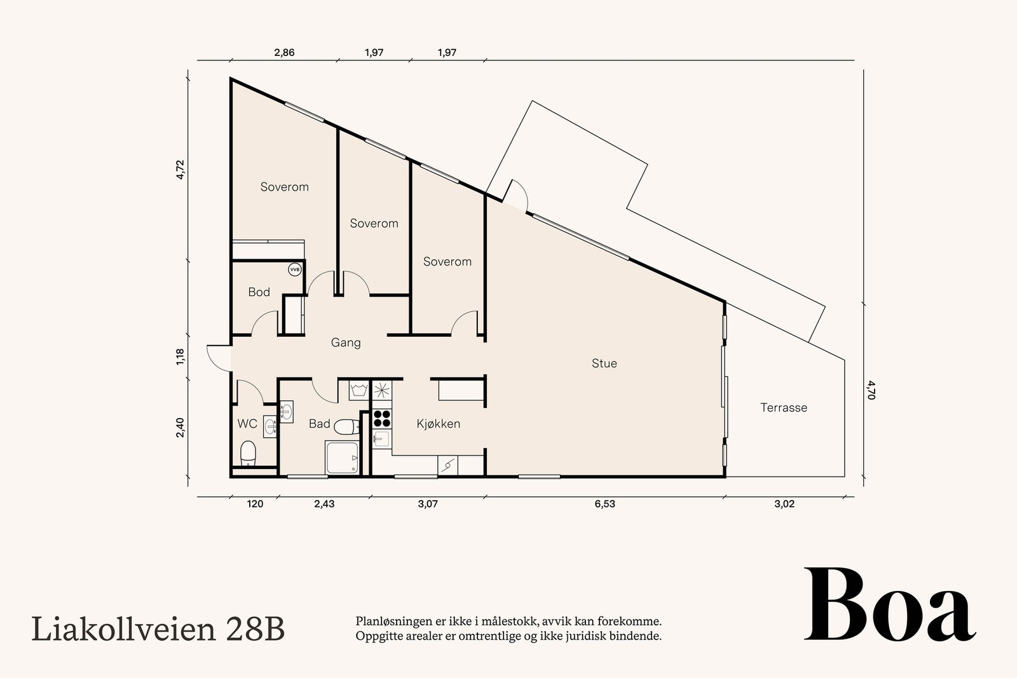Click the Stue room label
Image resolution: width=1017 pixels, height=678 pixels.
[604, 363]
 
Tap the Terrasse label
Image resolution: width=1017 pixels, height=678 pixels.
[784, 408]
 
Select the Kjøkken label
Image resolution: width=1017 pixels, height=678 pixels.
[438, 424]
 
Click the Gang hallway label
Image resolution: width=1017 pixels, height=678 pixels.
[346, 342]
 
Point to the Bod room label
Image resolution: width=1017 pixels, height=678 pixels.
[259, 292]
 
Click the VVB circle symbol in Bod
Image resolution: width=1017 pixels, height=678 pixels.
[294, 269]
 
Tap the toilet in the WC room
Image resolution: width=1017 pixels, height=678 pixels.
[248, 453]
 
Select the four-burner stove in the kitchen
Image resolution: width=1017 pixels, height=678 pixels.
[382, 418]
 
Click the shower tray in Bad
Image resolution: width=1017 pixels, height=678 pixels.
[342, 458]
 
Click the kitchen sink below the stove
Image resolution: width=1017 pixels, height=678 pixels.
[381, 439]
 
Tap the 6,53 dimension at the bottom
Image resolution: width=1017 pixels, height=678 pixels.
[604, 505]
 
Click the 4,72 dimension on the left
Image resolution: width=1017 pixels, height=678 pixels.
[181, 170]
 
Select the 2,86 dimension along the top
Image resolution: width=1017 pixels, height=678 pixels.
[284, 53]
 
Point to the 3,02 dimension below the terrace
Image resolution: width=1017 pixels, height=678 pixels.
[784, 505]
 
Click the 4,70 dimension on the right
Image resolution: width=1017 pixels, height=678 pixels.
[871, 390]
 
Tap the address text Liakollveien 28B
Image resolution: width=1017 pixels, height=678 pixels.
[158, 629]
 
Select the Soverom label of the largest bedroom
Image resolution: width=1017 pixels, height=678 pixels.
[284, 187]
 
